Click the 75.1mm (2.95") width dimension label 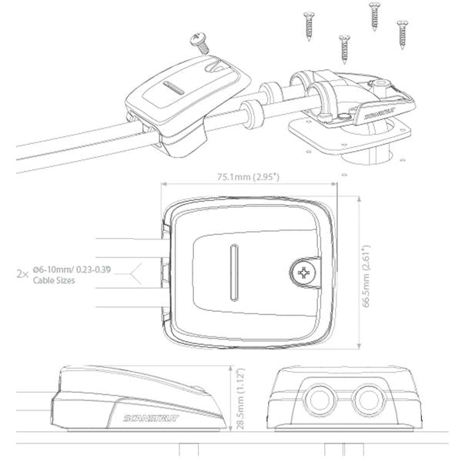[x=247, y=177]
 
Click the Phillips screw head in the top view [x=303, y=271]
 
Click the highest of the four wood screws [x=374, y=15]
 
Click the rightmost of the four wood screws [x=400, y=32]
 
